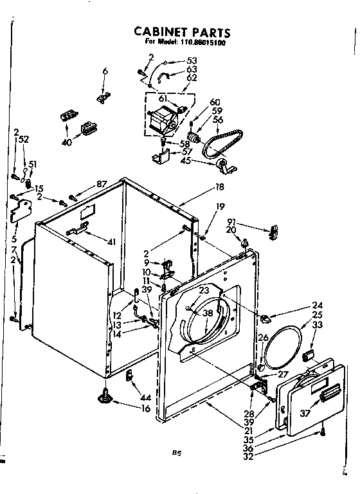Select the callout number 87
[100, 185]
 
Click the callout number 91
[231, 223]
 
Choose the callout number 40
[66, 143]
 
